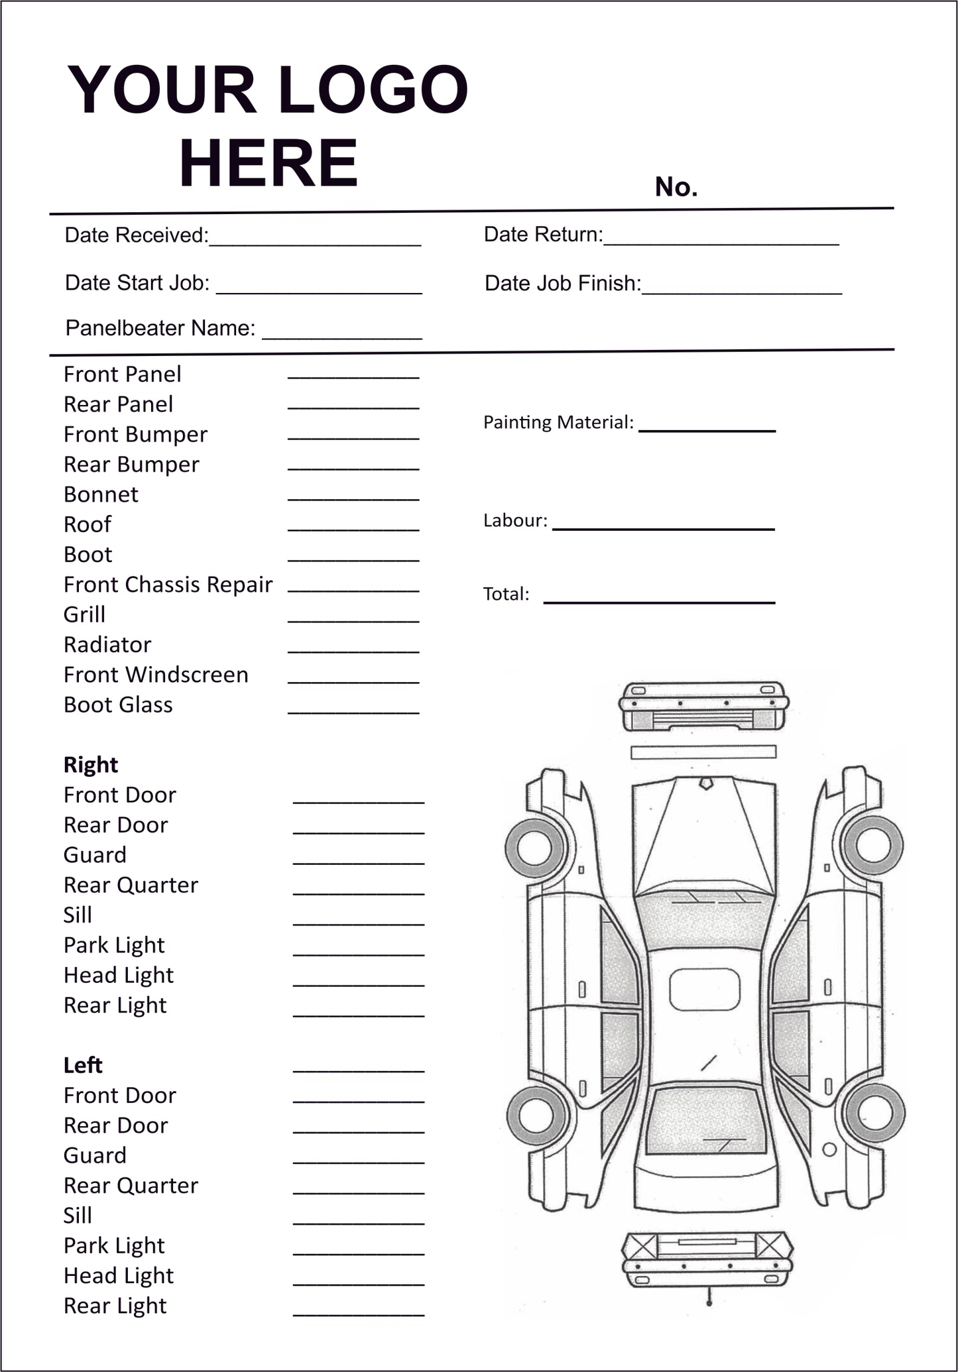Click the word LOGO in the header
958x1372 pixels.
coord(373,90)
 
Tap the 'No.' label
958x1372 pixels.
coord(676,187)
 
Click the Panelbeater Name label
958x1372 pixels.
coord(160,328)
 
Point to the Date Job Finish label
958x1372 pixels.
coord(562,284)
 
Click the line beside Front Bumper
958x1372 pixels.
coord(353,437)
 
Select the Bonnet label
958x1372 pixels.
coord(101,494)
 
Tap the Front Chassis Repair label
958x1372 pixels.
coord(168,585)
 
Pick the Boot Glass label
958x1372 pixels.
coord(118,705)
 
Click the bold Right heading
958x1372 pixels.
coord(90,765)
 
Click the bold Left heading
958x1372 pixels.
coord(82,1065)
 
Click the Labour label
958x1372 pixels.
coord(515,521)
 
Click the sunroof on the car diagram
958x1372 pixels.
coord(704,990)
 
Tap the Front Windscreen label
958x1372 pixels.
coord(156,675)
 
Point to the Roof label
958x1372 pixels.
coord(88,524)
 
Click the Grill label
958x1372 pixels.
coord(84,614)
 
